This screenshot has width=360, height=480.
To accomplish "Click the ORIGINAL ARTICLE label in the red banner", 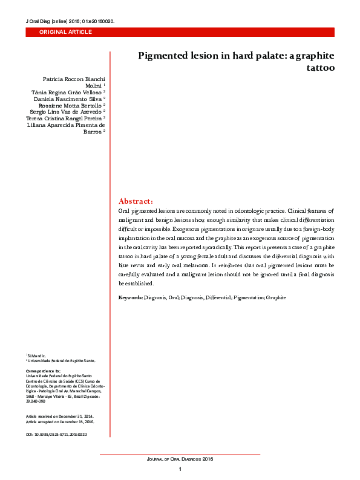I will pos(65,31).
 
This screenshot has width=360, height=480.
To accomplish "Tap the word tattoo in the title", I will pos(321,68).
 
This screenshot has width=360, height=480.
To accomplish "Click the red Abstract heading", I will pos(136,201).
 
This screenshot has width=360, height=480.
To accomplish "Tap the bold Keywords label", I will pos(131,298).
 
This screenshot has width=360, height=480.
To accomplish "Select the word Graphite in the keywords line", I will pos(275,298).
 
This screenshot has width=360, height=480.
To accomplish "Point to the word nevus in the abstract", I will pos(140,265).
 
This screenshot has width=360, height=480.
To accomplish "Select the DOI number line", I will pos(56,435).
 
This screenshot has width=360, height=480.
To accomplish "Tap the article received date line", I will pos(59,417).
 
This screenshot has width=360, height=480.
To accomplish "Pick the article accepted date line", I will pos(60,423).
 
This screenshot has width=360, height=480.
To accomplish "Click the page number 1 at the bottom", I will pos(180,470).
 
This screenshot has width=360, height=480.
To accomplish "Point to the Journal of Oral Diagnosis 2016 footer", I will pos(180,459).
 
